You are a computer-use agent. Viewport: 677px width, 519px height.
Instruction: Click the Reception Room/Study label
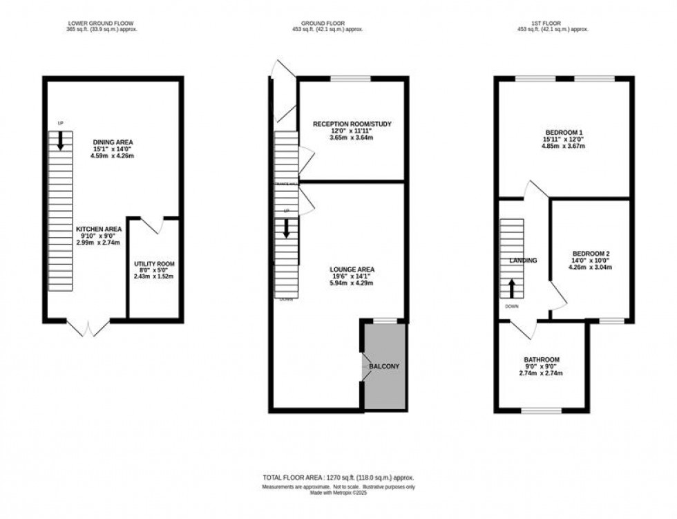[352, 124]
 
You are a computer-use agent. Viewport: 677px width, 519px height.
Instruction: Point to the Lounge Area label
[352, 269]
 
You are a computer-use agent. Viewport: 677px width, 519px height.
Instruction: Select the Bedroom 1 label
[564, 132]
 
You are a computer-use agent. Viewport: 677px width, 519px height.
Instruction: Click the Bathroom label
[541, 360]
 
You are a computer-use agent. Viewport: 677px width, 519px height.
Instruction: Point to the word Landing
[523, 261]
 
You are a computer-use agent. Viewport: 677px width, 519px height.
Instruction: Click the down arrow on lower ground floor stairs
[60, 141]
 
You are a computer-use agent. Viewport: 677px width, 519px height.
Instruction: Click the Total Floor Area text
[338, 478]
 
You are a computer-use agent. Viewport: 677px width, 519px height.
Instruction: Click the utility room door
[153, 225]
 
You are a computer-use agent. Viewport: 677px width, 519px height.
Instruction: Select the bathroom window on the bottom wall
[542, 412]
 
